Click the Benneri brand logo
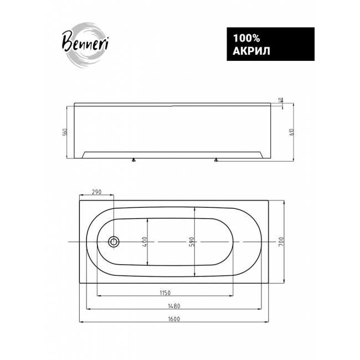pos(85,45)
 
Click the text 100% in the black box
pos(246,38)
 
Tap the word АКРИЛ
pos(251,52)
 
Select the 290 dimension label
pos(96,192)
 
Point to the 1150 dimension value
pos(165,293)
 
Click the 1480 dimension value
pos(174,306)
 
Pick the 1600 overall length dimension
pos(174,319)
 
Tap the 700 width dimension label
pos(281,242)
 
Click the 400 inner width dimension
pos(145,242)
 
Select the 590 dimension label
pos(192,242)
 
